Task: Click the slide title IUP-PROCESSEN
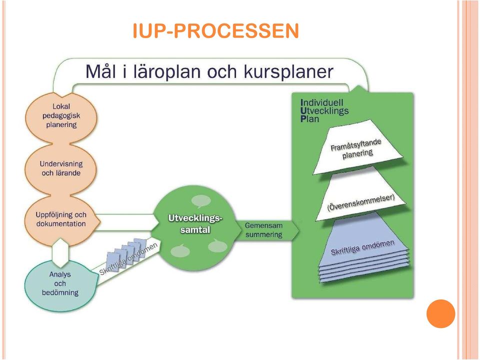click(216, 30)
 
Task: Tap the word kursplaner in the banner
click(288, 72)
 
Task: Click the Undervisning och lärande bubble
click(61, 168)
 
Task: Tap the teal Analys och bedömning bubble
click(60, 284)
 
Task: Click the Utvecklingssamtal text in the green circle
click(195, 224)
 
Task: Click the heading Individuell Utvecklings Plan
click(324, 110)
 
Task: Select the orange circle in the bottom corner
click(441, 314)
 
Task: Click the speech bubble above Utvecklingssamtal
click(201, 201)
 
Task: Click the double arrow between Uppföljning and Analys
click(60, 253)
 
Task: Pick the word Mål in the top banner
click(102, 71)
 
